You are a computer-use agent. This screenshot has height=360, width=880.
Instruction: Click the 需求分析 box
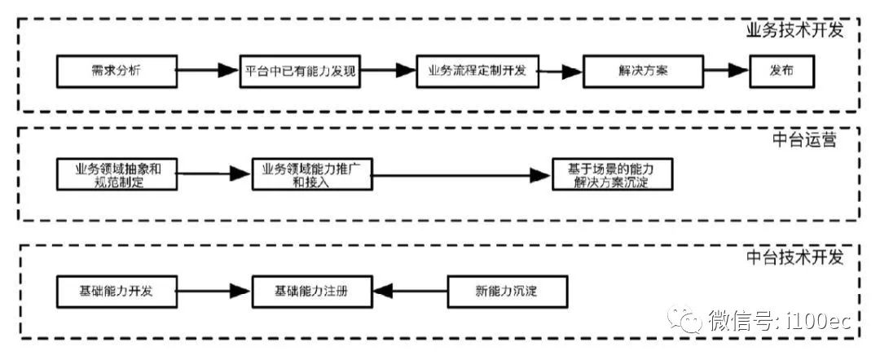(x=116, y=71)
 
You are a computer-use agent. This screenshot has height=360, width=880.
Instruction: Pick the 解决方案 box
(x=643, y=71)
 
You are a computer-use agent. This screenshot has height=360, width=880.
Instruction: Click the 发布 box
(x=781, y=71)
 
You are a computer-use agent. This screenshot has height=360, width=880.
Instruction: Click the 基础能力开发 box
(x=116, y=291)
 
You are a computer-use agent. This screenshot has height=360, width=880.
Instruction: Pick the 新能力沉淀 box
(x=506, y=291)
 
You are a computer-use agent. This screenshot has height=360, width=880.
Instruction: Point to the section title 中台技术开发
(x=794, y=257)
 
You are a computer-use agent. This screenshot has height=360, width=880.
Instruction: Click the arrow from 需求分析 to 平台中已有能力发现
(x=207, y=71)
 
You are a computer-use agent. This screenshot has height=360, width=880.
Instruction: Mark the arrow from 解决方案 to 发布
(x=725, y=71)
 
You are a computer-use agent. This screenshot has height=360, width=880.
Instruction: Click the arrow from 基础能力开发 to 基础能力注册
(x=213, y=291)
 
